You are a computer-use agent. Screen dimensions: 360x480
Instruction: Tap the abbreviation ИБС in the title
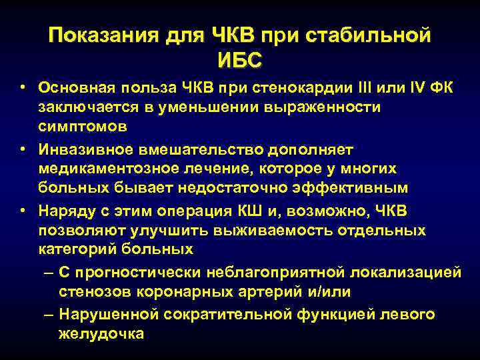240,59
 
